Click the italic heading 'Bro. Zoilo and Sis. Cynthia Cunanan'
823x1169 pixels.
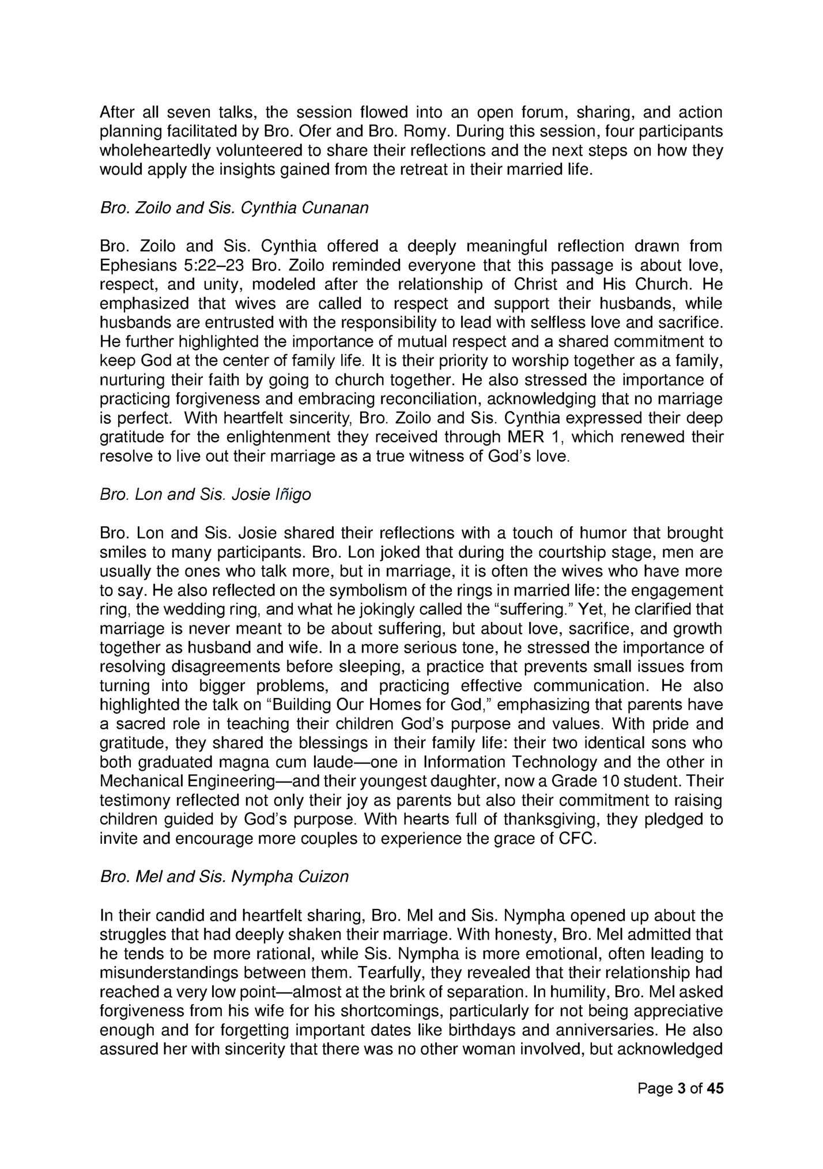click(234, 208)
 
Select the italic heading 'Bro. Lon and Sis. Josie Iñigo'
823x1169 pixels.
click(205, 495)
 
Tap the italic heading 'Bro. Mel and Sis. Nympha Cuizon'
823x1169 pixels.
click(224, 877)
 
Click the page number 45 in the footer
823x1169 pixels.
click(715, 1088)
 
